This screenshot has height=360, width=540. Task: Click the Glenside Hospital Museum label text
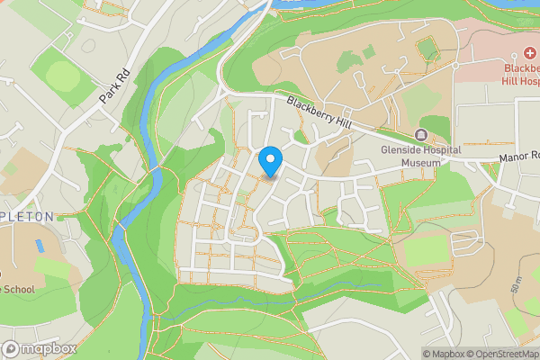click(x=419, y=157)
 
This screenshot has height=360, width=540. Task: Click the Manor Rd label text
click(x=518, y=157)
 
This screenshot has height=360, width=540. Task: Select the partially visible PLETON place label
click(x=27, y=216)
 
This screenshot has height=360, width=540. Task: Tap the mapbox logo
click(x=40, y=347)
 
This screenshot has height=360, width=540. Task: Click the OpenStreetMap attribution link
click(x=500, y=354)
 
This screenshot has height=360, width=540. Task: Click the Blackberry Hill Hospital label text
click(x=520, y=75)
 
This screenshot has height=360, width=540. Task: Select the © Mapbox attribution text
click(x=441, y=354)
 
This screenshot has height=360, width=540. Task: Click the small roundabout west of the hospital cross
click(x=454, y=66)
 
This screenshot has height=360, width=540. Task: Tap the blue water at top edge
click(x=306, y=4)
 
